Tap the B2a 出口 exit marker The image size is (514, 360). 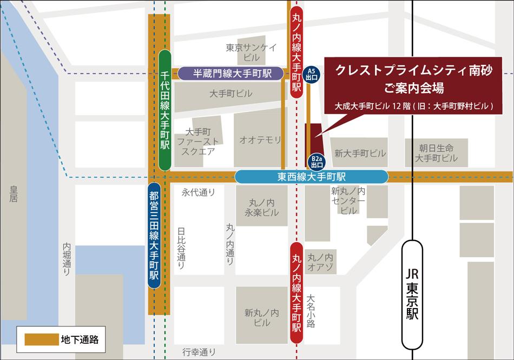click(x=317, y=162)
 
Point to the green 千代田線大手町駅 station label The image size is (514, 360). click(x=165, y=110)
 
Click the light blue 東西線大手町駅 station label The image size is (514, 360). click(x=312, y=177)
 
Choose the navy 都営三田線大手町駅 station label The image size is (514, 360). click(x=154, y=235)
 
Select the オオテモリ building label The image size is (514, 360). click(x=260, y=140)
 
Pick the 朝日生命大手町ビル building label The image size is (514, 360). click(x=436, y=152)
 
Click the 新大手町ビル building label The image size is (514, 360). click(x=360, y=154)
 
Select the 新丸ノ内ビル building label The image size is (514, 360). click(x=261, y=317)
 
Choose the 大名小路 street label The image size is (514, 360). click(x=311, y=311)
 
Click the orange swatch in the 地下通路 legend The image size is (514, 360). click(x=42, y=339)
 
